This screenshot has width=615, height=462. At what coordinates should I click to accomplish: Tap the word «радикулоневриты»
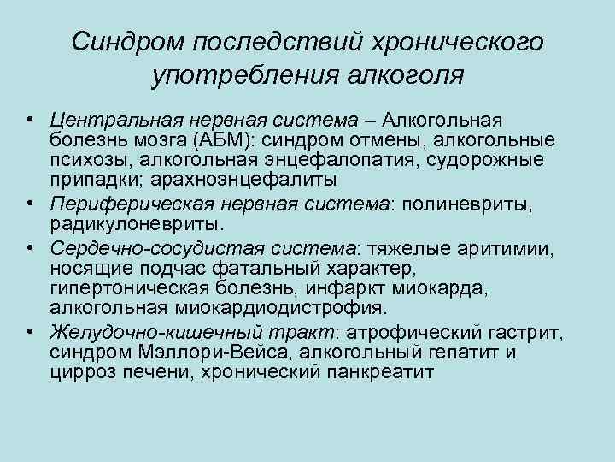[136, 224]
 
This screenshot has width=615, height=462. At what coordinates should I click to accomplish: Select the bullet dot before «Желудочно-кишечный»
[29, 332]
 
